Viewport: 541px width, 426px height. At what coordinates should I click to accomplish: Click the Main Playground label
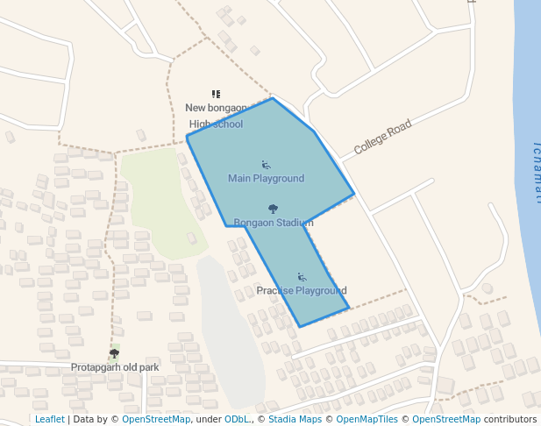coord(266,179)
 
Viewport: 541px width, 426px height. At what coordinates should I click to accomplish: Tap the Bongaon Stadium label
coord(273,223)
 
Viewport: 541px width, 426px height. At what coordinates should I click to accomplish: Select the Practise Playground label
coord(301,290)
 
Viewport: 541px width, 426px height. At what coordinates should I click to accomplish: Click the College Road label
coord(382,138)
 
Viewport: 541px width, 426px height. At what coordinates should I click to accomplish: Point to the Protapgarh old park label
coord(115,367)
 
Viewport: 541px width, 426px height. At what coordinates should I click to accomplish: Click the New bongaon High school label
coord(216,116)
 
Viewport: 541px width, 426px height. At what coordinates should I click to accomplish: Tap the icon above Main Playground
coord(266,164)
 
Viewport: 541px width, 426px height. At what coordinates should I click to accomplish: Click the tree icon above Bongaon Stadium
coord(273,209)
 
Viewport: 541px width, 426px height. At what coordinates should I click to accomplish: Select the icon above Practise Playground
coord(302,277)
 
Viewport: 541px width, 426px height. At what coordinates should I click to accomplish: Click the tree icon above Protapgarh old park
coord(114,353)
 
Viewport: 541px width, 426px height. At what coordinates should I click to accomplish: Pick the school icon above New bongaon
coord(216,94)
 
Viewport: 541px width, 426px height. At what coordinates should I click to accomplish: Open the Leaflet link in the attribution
coord(50,420)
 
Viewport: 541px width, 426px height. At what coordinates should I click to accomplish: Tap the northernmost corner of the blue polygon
coord(273,98)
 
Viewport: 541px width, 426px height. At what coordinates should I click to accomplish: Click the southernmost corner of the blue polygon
coord(300,327)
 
